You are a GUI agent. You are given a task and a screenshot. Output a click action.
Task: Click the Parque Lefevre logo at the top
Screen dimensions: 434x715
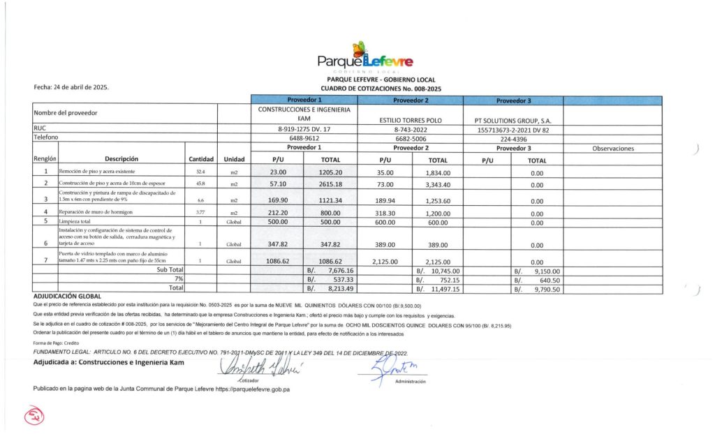click(x=364, y=59)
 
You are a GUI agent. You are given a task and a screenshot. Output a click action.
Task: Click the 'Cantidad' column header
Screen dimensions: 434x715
click(x=200, y=159)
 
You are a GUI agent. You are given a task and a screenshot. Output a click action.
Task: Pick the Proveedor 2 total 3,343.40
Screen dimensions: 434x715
click(x=438, y=184)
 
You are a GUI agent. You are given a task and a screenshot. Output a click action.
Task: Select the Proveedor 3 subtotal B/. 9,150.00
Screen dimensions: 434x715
click(x=538, y=269)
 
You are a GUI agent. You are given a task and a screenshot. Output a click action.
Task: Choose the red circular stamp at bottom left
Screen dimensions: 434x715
click(x=33, y=417)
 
